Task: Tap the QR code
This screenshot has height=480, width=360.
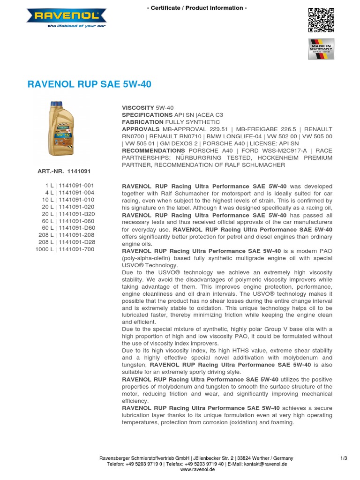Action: (321, 20)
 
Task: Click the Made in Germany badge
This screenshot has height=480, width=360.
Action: (321, 49)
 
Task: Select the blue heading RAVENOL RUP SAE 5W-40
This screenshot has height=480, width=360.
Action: (90, 85)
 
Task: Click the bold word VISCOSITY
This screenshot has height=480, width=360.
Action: (138, 108)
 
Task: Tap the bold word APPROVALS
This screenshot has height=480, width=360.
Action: (141, 129)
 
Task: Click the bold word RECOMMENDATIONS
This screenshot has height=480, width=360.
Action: (153, 150)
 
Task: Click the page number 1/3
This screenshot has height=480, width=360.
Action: (344, 458)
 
